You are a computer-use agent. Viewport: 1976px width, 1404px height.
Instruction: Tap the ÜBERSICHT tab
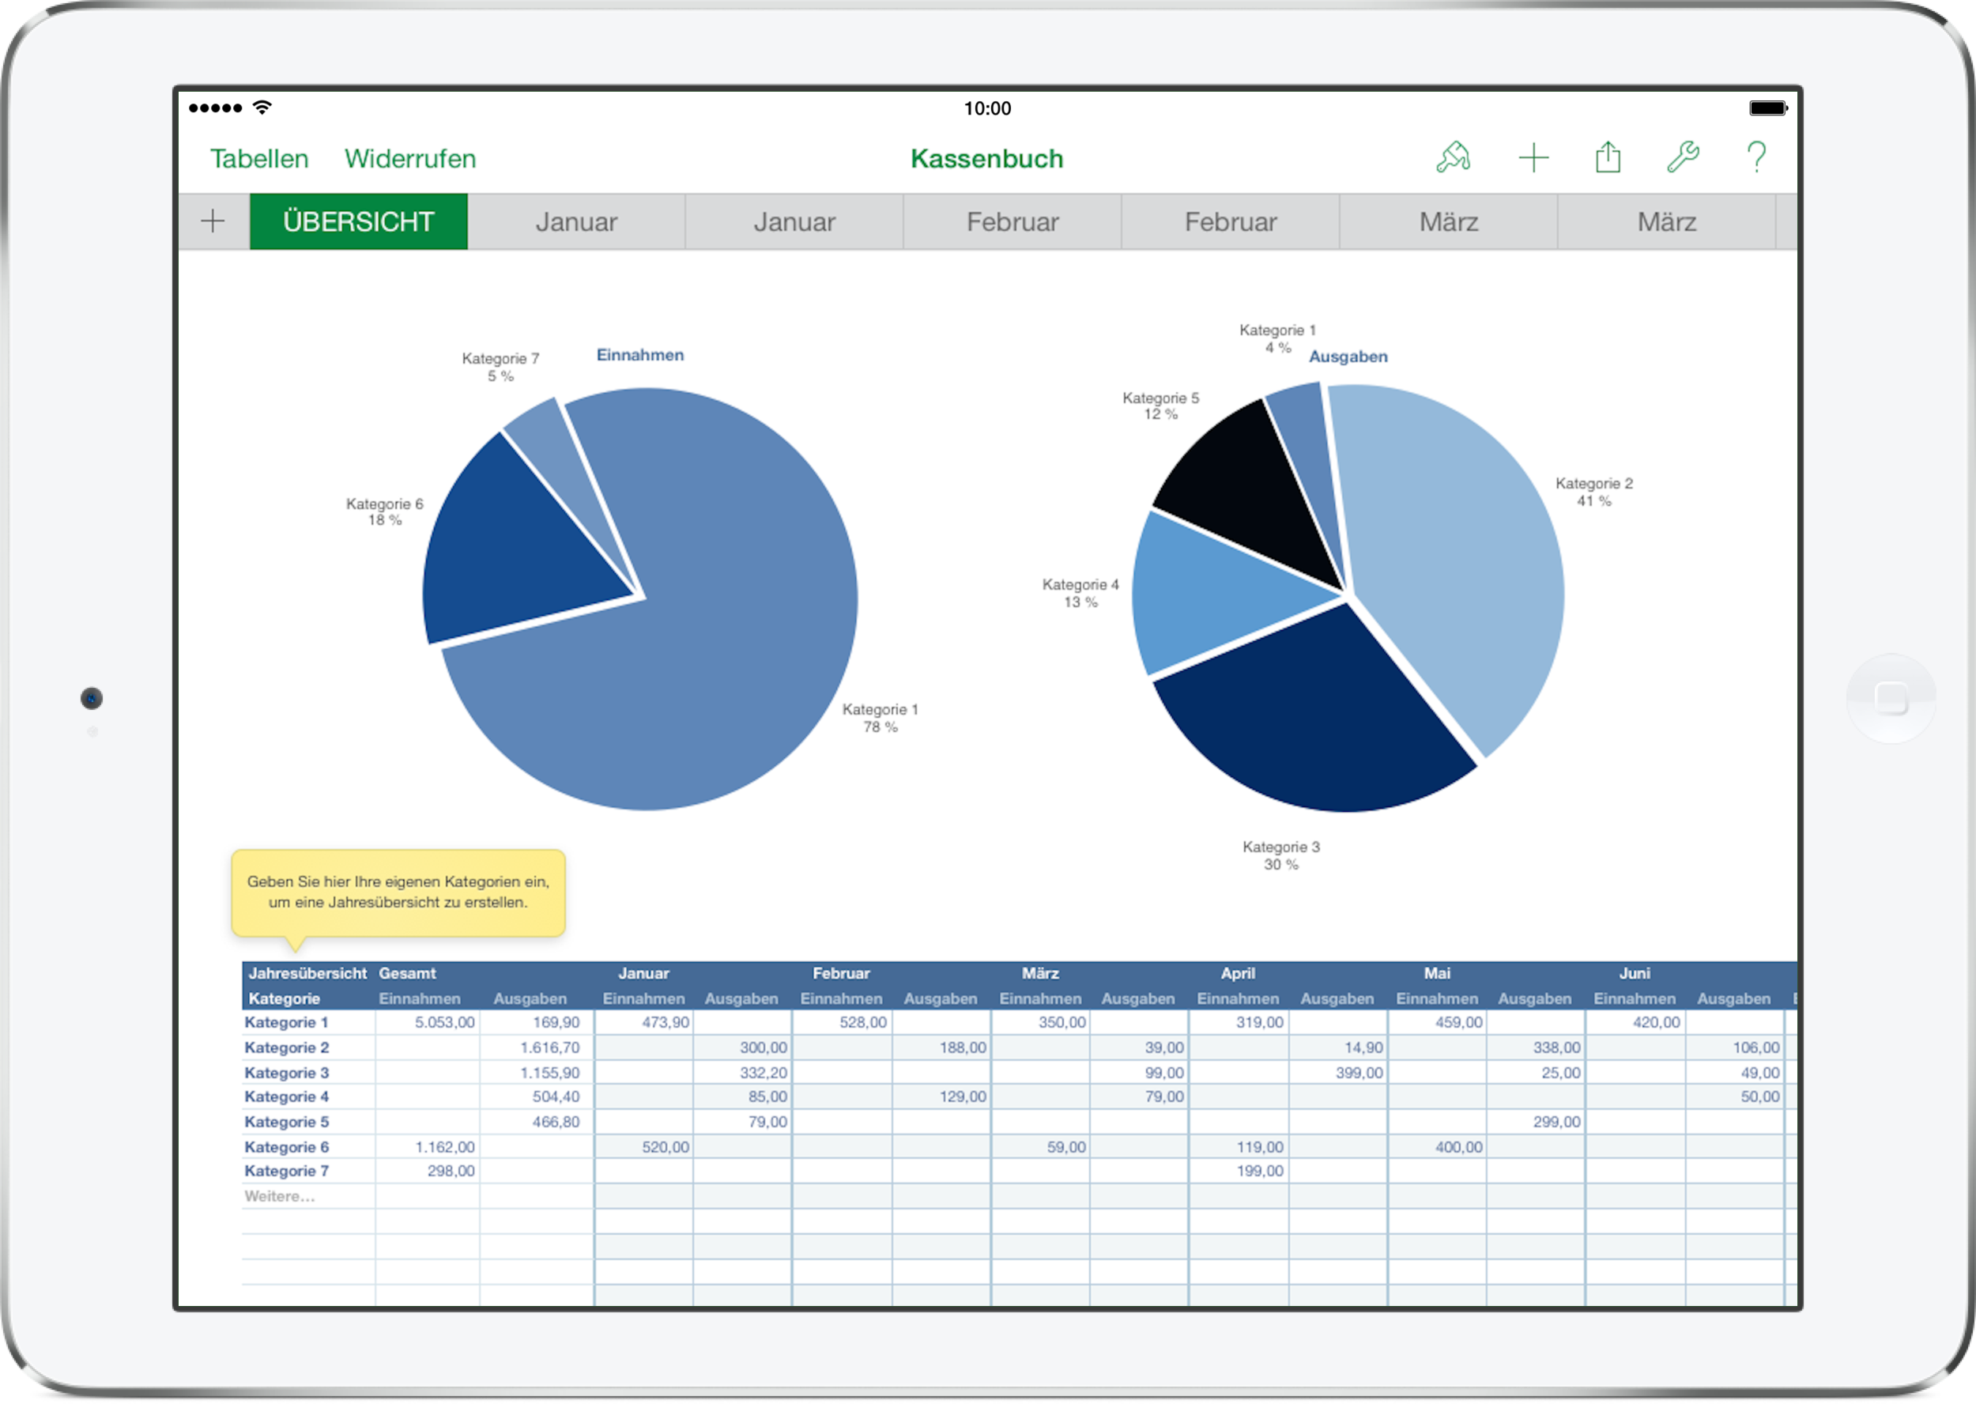(x=358, y=222)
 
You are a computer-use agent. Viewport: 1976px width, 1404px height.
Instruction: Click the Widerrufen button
(x=409, y=159)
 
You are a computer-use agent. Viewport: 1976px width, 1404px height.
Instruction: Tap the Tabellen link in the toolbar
(x=258, y=159)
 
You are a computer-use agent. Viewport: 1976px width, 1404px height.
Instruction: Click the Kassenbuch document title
(x=986, y=159)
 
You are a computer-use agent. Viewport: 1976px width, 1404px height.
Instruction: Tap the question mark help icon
(x=1755, y=157)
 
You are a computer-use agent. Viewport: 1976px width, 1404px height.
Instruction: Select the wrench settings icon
(x=1682, y=157)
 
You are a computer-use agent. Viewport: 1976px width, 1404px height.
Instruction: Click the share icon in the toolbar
(x=1608, y=157)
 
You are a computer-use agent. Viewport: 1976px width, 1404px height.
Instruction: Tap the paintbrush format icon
(x=1453, y=157)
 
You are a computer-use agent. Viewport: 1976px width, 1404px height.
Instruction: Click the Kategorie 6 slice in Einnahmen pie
(x=510, y=553)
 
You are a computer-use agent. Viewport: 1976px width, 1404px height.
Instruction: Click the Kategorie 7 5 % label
(x=500, y=368)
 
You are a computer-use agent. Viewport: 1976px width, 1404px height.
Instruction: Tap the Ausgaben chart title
(x=1348, y=357)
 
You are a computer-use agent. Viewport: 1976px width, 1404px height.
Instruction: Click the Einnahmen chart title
(x=639, y=355)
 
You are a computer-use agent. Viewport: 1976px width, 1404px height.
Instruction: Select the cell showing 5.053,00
(x=428, y=1022)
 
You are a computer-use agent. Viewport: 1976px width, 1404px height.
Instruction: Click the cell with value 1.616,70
(x=537, y=1047)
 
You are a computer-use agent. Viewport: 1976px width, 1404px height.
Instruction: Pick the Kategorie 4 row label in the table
(x=287, y=1096)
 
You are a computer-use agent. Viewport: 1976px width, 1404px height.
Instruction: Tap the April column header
(x=1237, y=973)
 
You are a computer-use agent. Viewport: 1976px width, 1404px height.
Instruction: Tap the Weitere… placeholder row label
(x=280, y=1197)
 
